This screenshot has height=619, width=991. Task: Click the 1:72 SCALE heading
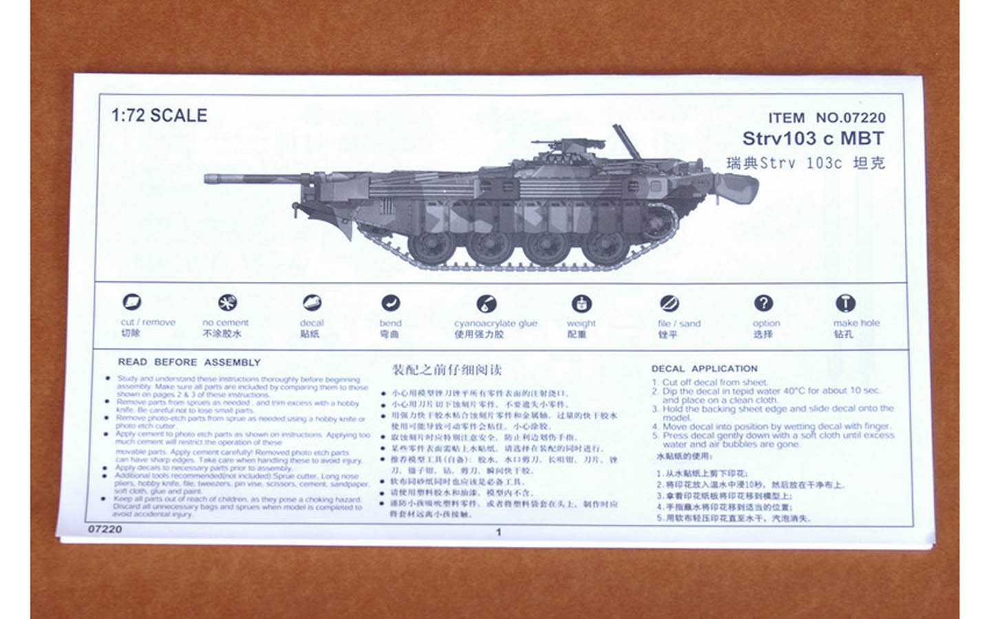pos(159,116)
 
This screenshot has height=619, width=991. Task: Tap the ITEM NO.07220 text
pos(827,118)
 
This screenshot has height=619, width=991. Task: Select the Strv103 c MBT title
pos(812,138)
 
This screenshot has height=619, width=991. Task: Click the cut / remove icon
pos(131,302)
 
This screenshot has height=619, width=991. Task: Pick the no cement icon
pos(227,303)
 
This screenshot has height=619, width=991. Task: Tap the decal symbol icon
pos(312,303)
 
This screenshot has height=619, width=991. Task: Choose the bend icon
pos(390,303)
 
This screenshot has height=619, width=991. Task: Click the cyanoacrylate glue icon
pos(486,303)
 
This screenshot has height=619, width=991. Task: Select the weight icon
pos(582,303)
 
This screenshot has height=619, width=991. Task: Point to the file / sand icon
pos(669,303)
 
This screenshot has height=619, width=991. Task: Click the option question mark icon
pos(763,303)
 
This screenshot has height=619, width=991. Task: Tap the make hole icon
pos(845,303)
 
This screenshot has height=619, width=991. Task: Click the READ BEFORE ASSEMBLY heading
pos(189,362)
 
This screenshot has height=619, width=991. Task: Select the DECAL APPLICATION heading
pos(704,369)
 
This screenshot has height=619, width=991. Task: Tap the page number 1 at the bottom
pos(498,532)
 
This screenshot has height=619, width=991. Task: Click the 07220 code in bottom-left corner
pos(105,529)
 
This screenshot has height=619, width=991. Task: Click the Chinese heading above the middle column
pos(447,370)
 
